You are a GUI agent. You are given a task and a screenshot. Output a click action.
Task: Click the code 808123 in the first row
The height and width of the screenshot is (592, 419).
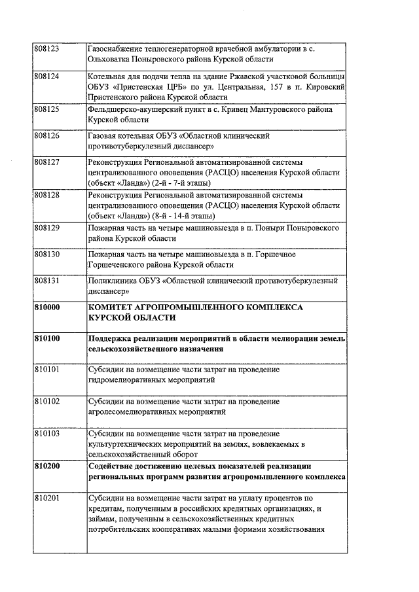coord(46,48)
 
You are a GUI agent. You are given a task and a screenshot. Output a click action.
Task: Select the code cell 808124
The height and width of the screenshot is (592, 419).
coord(46,76)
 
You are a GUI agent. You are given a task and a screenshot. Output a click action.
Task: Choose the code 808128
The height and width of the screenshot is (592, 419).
coord(46,196)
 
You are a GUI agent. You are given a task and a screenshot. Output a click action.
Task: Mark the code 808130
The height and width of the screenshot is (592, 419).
coord(46,254)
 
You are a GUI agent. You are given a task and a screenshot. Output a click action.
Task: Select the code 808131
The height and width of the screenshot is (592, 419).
coord(46,281)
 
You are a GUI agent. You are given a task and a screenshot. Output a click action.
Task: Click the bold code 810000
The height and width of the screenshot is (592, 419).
coord(46,306)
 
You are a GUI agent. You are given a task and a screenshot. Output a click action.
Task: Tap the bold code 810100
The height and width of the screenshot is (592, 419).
coord(46,338)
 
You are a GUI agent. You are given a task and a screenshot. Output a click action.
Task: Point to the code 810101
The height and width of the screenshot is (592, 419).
coord(46,370)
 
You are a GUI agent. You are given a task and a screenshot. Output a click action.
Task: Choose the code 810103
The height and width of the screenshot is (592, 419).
coord(46,433)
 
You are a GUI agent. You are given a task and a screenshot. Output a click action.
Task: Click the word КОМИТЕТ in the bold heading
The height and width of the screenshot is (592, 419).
coord(113,306)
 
